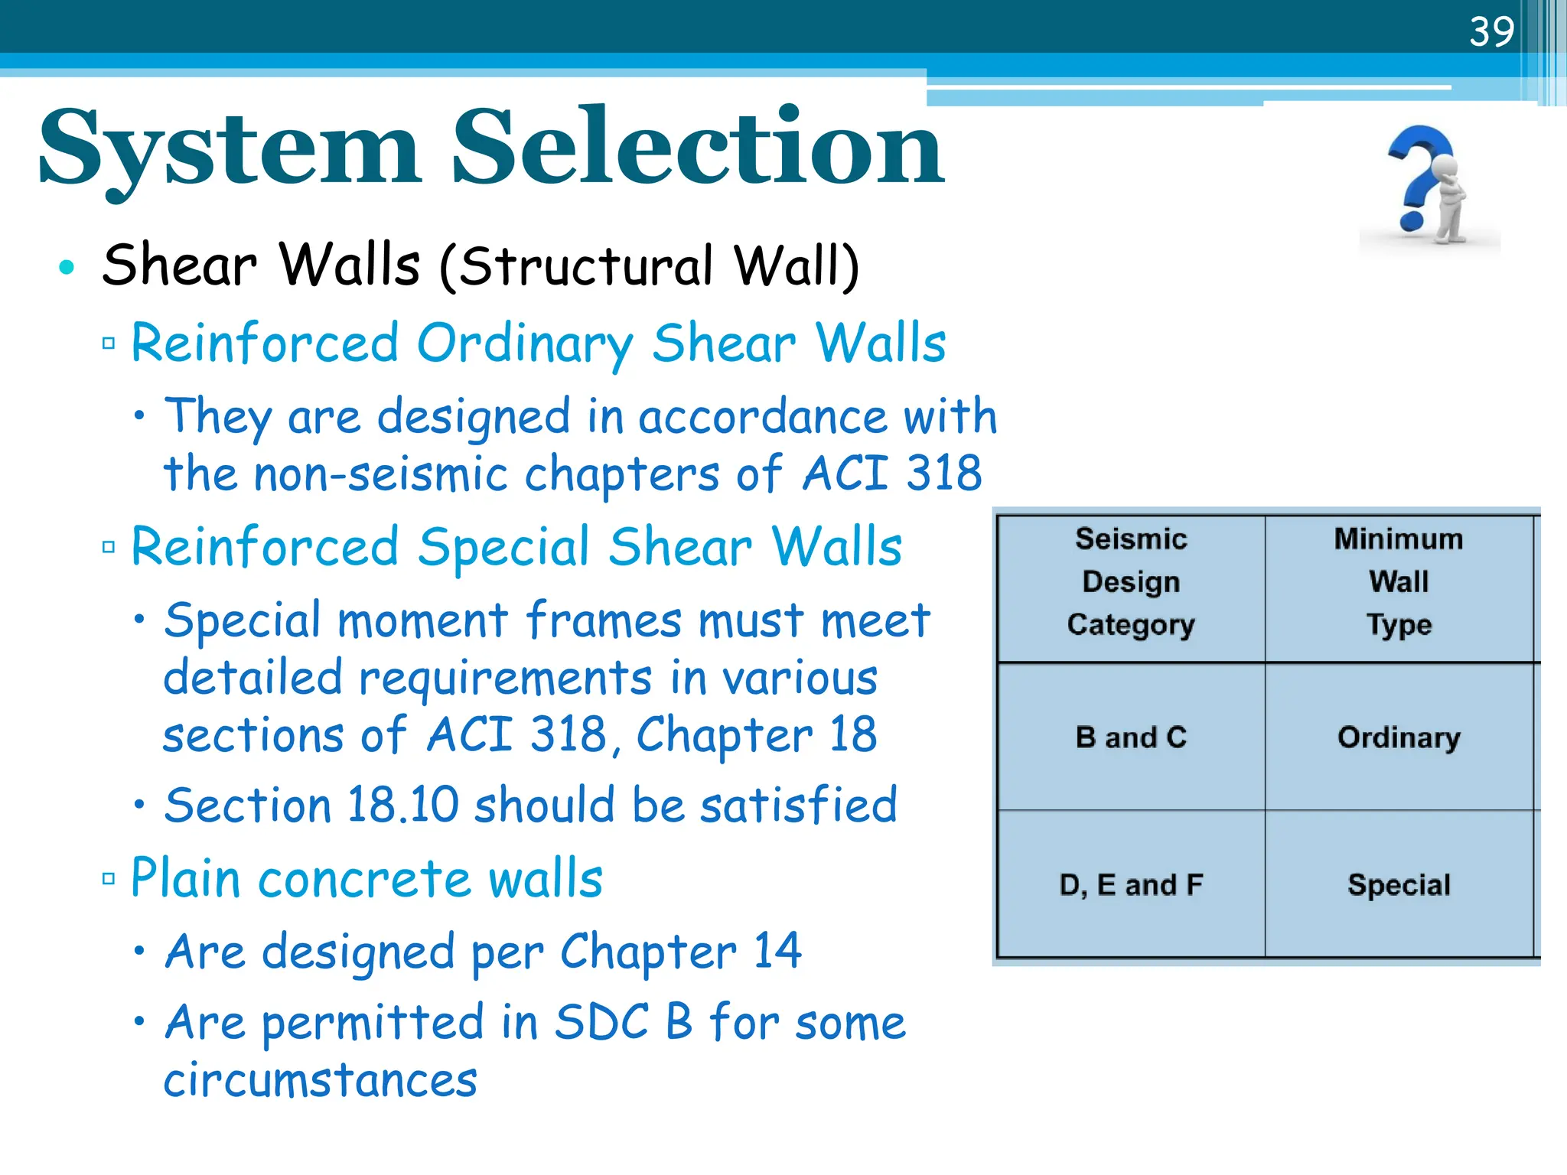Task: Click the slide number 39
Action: pos(1491,31)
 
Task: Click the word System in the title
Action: pos(230,149)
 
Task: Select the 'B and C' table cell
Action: pos(1131,737)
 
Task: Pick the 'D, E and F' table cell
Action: pos(1131,885)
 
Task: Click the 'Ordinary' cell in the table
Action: pos(1399,737)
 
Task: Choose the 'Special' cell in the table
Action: pos(1399,885)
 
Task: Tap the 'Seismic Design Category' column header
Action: pos(1131,582)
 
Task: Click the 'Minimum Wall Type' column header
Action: pos(1399,582)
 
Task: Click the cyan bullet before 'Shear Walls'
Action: pos(67,267)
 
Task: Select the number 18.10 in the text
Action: pos(402,806)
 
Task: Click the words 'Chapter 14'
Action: pos(681,952)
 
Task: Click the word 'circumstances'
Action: pos(321,1080)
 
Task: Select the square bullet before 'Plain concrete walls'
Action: pos(109,878)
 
